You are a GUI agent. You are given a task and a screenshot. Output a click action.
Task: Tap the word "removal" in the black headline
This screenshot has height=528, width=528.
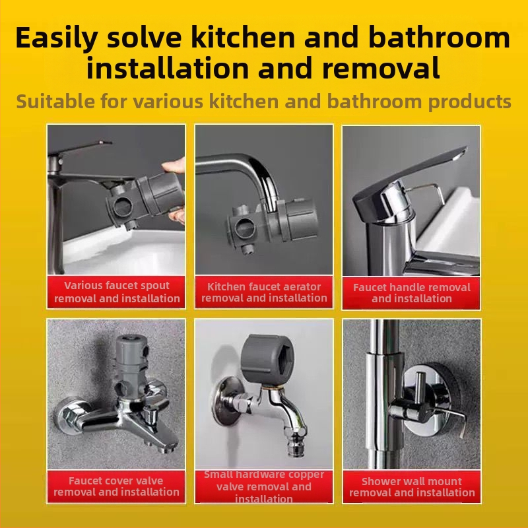point(381,68)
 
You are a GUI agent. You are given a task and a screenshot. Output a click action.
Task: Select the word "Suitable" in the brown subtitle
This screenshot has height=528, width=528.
point(55,102)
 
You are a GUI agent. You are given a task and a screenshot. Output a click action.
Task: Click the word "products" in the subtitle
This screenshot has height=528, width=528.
point(470,102)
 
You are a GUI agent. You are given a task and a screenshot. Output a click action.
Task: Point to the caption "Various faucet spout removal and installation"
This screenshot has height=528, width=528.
point(117,292)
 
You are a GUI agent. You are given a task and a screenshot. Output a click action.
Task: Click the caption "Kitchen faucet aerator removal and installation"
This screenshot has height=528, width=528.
point(264,292)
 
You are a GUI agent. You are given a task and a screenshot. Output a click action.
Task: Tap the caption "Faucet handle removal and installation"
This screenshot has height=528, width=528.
point(411,292)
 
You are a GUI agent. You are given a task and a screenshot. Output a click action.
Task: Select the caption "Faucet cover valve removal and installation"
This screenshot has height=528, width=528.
point(116,486)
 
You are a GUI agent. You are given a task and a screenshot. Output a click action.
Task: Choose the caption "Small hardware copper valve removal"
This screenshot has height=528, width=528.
point(264,480)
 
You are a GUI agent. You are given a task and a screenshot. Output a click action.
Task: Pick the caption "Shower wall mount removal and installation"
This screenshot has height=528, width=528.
point(412,487)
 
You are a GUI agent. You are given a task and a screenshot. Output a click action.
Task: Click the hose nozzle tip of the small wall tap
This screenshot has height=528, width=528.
point(296,444)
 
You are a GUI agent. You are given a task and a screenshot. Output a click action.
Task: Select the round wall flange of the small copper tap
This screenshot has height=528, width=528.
point(226,401)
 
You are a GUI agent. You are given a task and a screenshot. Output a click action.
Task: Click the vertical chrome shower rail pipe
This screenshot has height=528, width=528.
point(385,394)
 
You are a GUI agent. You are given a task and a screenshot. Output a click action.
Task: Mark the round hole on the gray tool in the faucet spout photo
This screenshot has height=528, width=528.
point(122,207)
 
